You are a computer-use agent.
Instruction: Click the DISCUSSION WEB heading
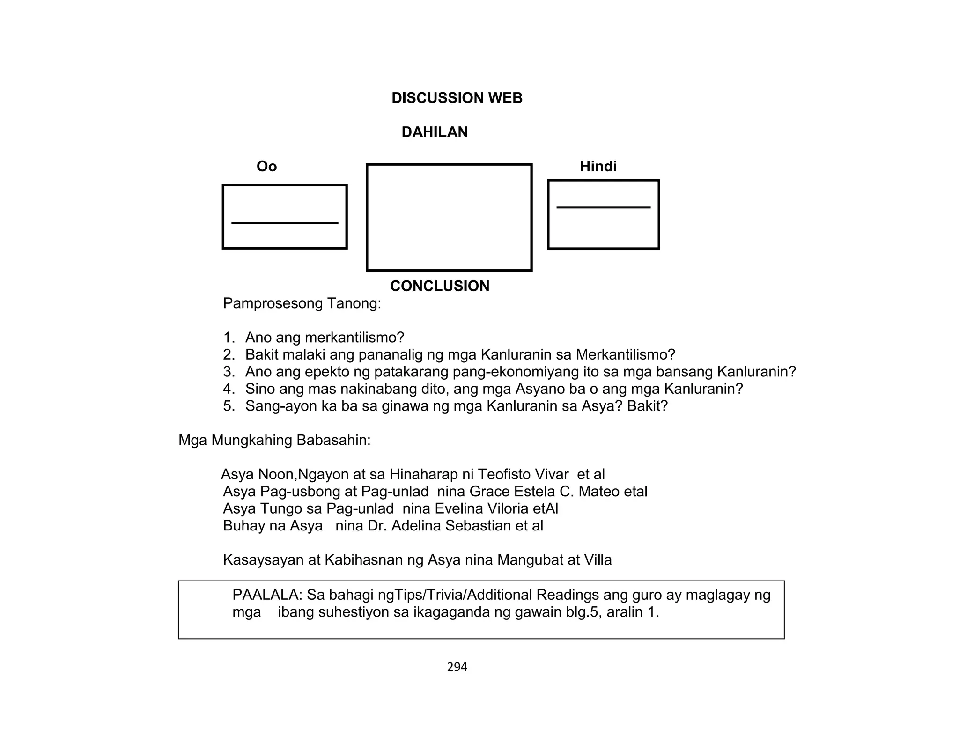point(457,98)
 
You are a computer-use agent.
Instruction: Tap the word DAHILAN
point(434,132)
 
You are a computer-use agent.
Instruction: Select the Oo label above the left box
point(266,166)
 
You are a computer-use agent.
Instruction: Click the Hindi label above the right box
point(598,166)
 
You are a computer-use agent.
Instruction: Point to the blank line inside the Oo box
point(285,223)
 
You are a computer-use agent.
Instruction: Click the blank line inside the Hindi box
point(603,207)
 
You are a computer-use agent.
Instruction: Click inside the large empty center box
point(449,217)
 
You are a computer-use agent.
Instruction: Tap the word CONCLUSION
point(439,286)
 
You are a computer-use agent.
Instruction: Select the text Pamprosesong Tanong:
point(302,303)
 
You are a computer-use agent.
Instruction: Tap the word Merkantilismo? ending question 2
point(625,355)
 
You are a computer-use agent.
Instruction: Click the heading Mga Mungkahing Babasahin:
point(274,440)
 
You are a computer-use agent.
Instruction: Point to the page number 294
point(457,667)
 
